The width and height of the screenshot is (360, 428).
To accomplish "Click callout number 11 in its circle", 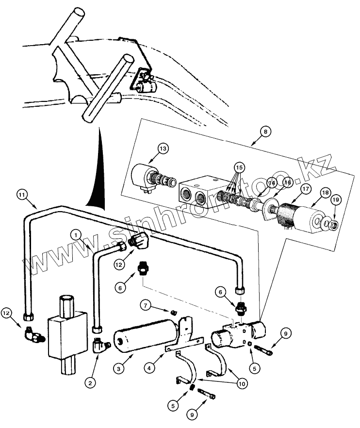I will tap(21, 195).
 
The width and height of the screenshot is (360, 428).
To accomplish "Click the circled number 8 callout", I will tap(264, 131).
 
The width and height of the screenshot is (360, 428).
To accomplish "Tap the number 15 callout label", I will tap(238, 167).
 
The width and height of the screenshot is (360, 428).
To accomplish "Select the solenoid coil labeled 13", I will tap(144, 176).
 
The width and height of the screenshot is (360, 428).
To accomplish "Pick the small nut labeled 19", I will tap(332, 225).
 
